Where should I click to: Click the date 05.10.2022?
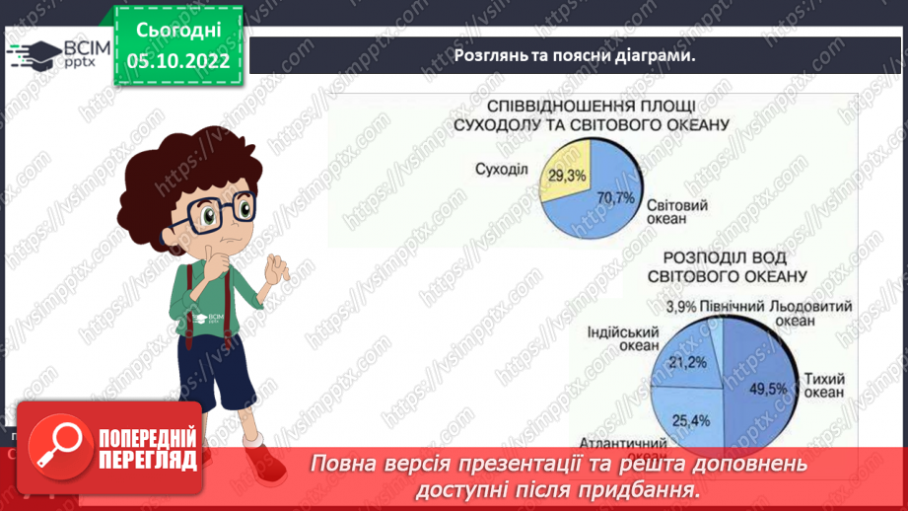point(178,61)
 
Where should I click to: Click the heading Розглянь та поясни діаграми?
point(575,55)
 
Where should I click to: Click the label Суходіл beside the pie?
point(501,169)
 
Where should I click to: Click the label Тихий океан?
point(824,385)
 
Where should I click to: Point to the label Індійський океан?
point(618,339)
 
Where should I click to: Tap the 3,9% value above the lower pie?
point(683,307)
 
